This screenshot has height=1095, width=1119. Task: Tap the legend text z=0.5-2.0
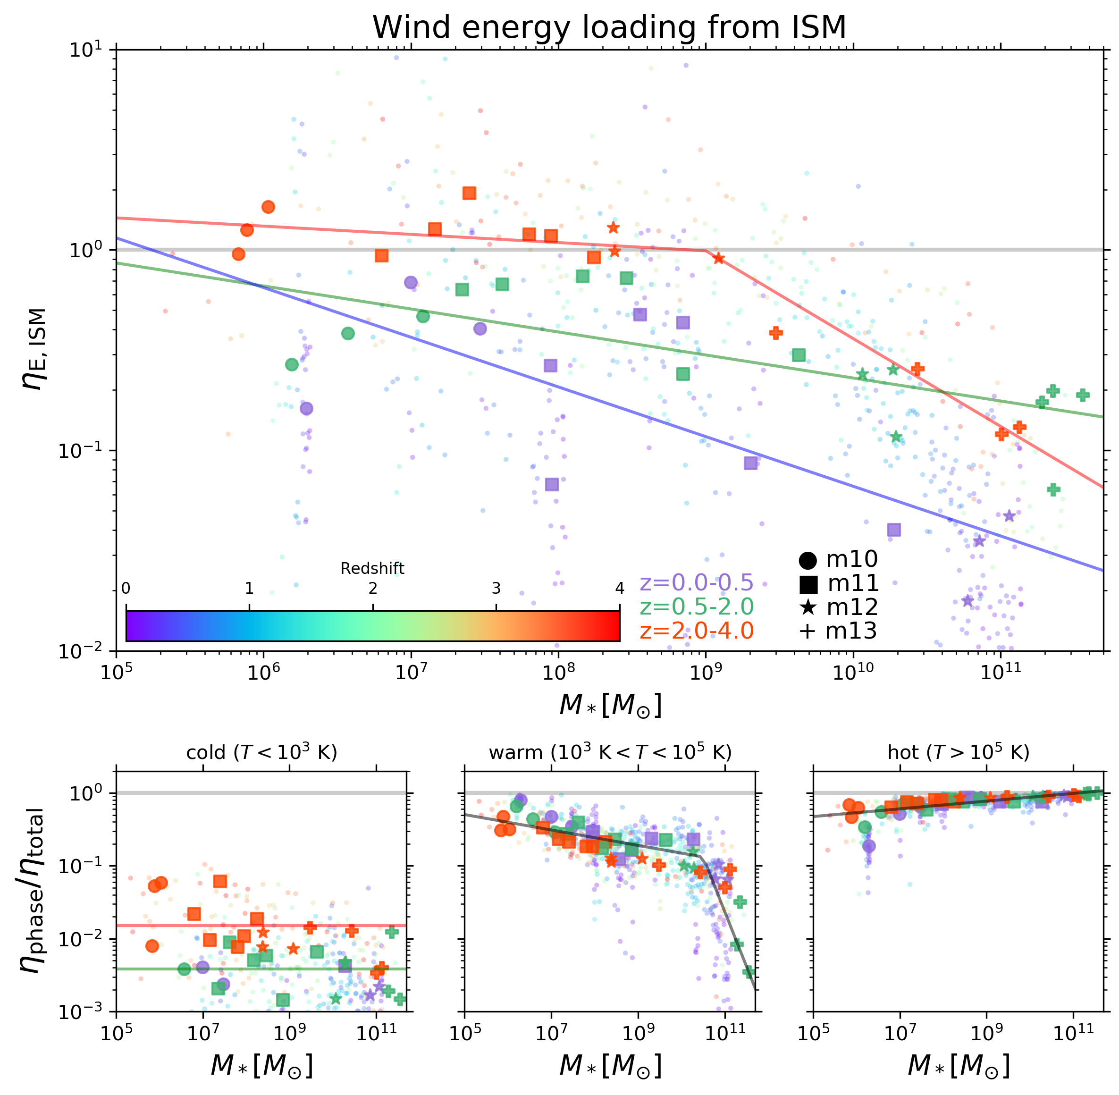(x=696, y=607)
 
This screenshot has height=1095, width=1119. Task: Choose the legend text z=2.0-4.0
(x=696, y=631)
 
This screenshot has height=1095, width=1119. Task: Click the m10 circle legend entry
(x=838, y=559)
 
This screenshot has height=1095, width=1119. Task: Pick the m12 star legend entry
(x=838, y=607)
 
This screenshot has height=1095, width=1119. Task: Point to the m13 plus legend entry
(x=838, y=631)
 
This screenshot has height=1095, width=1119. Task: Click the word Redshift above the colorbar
(x=372, y=569)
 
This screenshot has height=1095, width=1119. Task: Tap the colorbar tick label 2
(x=373, y=589)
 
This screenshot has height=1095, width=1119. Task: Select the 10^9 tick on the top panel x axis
(x=705, y=672)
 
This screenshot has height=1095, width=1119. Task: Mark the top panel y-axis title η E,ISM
(x=36, y=349)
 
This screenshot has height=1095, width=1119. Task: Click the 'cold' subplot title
(x=261, y=752)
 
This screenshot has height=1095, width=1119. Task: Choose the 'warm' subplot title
(x=610, y=752)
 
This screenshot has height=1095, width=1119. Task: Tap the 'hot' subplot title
(x=958, y=752)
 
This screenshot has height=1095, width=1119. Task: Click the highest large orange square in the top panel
(x=469, y=193)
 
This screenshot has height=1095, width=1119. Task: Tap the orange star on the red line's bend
(x=718, y=258)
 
